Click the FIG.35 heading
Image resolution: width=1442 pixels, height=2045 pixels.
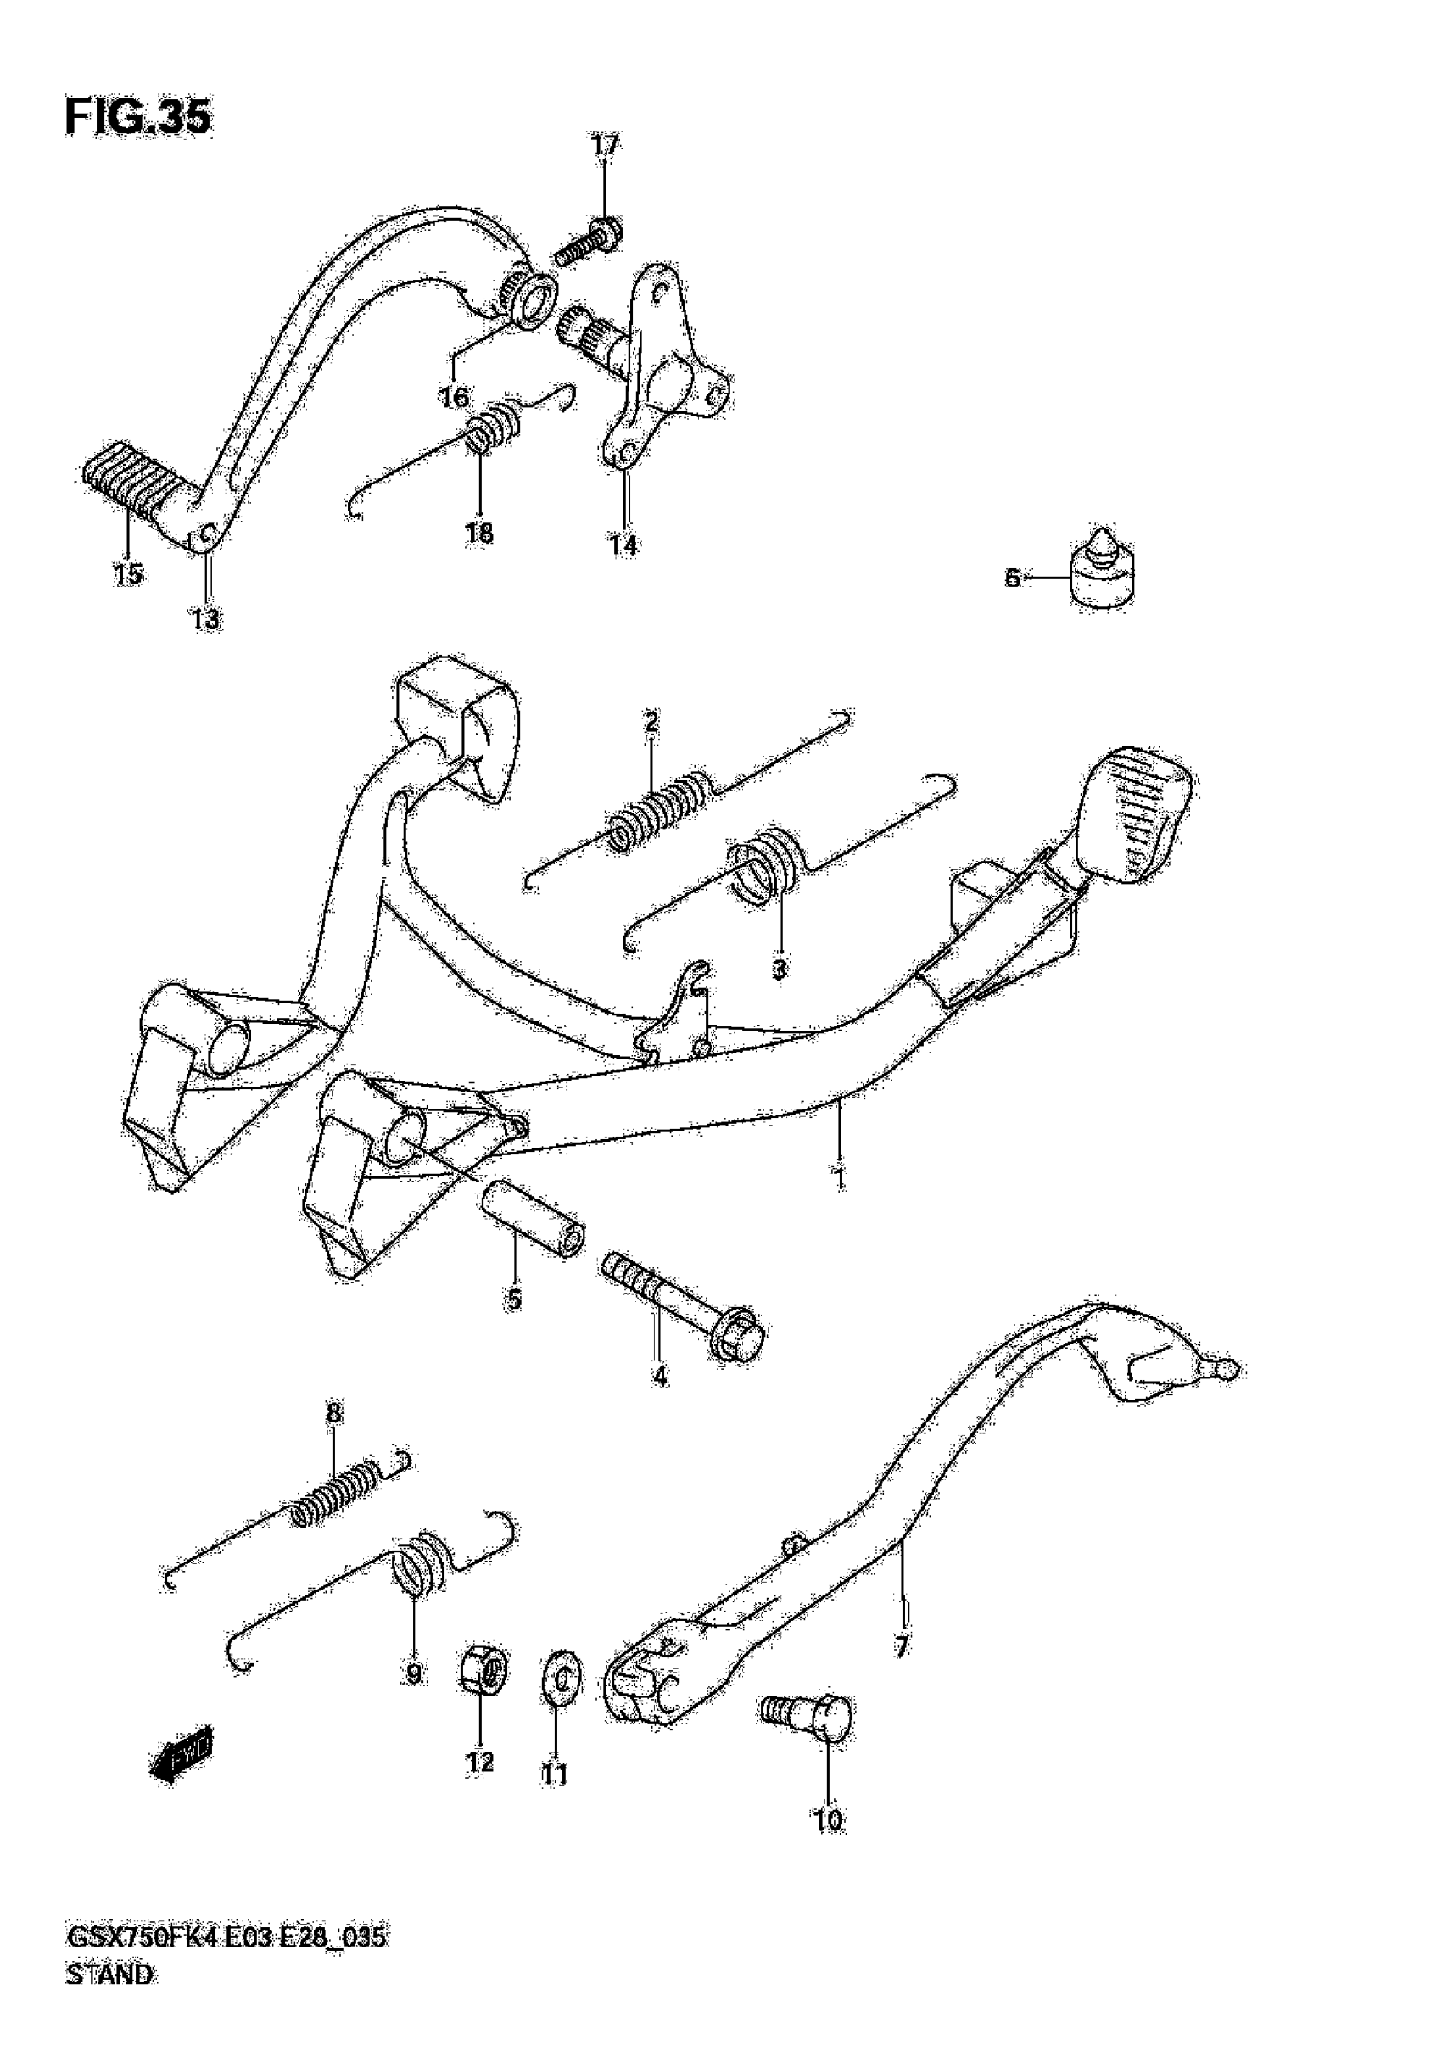(x=138, y=118)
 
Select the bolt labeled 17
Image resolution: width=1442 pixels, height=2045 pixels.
(x=590, y=243)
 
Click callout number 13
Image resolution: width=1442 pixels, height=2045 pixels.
(x=206, y=619)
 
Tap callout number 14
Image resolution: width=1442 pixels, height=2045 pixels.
(x=623, y=545)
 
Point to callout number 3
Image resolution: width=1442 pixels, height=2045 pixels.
(x=780, y=968)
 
